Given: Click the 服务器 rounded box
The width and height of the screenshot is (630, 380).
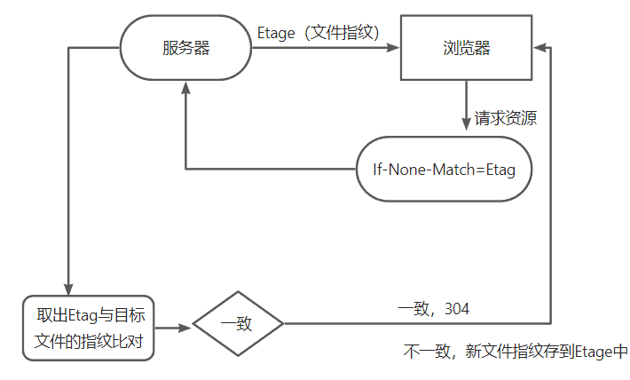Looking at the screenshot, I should click(x=185, y=48).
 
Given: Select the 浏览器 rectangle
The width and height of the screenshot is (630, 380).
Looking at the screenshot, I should click(x=468, y=48).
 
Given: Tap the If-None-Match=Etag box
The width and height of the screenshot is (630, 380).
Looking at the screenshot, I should click(x=444, y=168).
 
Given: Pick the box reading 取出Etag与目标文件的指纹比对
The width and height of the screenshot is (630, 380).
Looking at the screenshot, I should click(x=89, y=328).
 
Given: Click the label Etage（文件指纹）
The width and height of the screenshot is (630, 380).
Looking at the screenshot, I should click(x=319, y=34).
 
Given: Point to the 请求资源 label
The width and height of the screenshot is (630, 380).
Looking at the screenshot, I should click(x=506, y=118).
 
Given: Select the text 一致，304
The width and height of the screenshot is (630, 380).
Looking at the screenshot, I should click(x=434, y=309).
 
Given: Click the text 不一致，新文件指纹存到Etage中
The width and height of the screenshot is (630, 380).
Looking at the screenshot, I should click(x=516, y=352).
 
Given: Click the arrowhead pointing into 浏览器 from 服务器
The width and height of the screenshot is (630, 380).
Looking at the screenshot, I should click(x=396, y=48).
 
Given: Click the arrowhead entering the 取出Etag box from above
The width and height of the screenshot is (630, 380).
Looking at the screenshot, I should click(x=68, y=288).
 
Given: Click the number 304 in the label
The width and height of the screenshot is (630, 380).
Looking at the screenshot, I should click(x=457, y=309).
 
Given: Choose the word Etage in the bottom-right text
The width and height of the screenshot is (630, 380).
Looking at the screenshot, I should click(x=593, y=352).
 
